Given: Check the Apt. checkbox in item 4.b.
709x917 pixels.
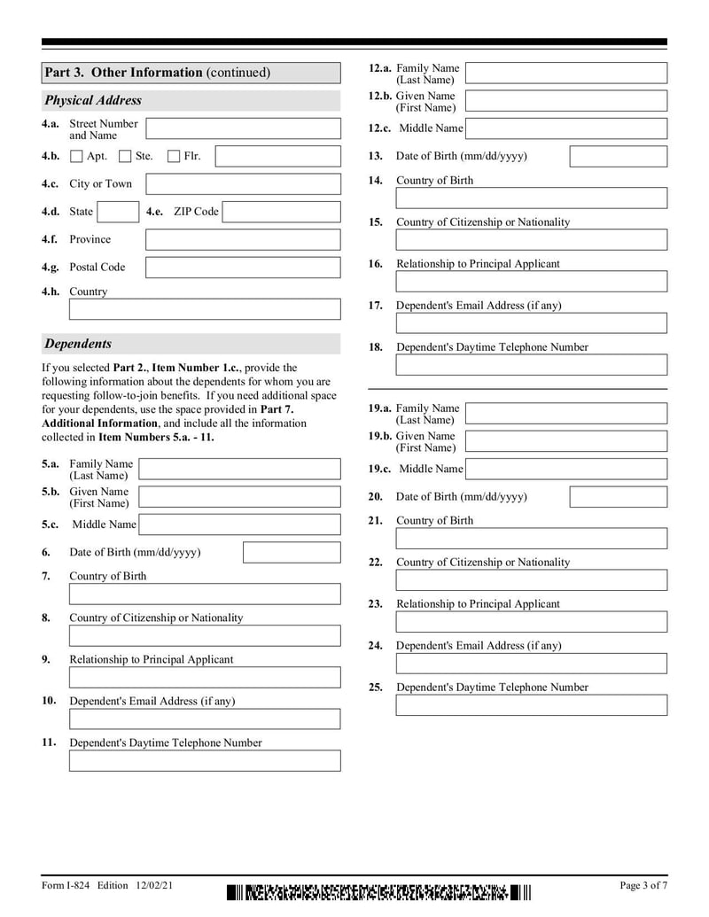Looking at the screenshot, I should pos(76,157).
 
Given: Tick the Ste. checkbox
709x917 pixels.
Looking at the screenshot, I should pos(125,157).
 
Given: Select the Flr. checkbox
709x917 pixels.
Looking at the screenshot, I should pos(174,157).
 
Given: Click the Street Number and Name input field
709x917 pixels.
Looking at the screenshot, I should pos(242,129).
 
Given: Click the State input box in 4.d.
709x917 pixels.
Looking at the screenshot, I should pos(117,212).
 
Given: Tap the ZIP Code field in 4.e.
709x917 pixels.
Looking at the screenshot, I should pos(281,212).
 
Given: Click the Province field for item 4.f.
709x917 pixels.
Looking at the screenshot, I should pos(242,239).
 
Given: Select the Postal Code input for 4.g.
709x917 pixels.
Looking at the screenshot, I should pos(242,267).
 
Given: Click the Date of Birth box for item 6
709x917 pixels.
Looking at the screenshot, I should pos(291,553).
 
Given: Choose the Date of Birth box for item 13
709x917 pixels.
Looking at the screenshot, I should pos(618,157).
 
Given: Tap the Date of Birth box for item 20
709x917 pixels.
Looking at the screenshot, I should pos(618,497).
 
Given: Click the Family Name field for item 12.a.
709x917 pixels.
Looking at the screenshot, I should pos(565,74).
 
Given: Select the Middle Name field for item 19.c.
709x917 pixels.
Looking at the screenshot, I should pos(565,469).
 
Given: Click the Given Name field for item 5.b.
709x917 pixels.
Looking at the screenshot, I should pos(239,497).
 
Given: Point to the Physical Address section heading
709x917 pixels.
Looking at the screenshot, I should pos(93,100).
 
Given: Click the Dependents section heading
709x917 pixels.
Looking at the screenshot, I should pos(78,344).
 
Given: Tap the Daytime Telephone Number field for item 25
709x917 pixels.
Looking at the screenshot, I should pos(531,705).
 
